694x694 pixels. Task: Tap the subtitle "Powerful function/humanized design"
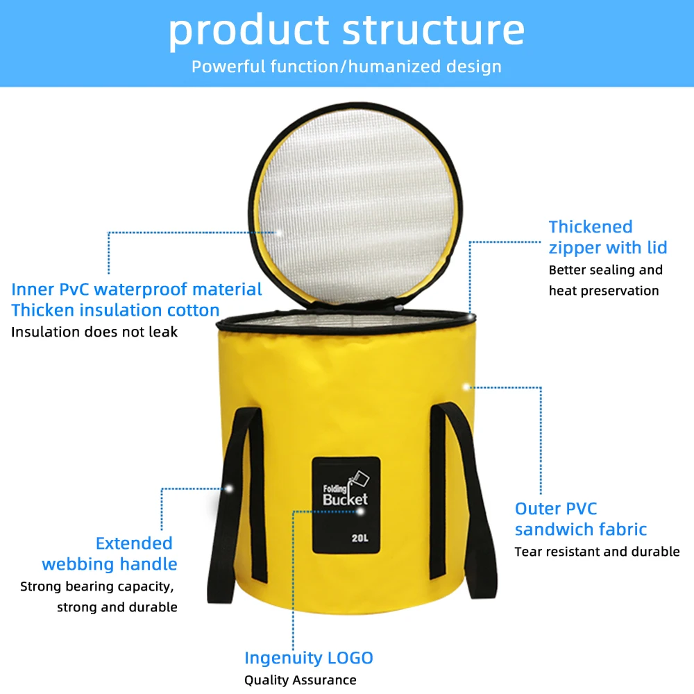pos(346,67)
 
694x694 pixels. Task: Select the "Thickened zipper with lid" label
pos(607,237)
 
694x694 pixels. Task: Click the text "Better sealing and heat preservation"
pos(605,280)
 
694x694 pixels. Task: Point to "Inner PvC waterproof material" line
pos(137,289)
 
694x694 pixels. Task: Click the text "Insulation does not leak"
pos(94,332)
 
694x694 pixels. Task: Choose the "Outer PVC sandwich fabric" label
pos(580,519)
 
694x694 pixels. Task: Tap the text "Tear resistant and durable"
pos(597,552)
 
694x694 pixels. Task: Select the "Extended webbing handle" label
pos(110,553)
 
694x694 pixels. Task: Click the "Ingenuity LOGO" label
pos(308,658)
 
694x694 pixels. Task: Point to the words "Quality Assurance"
pos(300,680)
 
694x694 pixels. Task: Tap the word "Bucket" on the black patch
pos(345,499)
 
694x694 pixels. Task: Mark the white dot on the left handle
pos(228,489)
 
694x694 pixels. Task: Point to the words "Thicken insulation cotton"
pos(115,310)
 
